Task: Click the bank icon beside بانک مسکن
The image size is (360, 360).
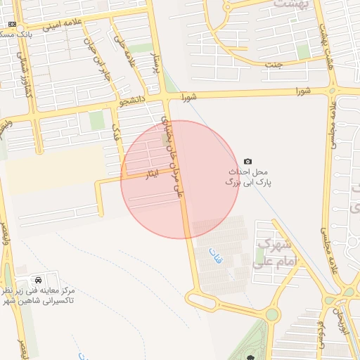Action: tap(11, 24)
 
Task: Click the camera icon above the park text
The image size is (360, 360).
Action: tap(247, 161)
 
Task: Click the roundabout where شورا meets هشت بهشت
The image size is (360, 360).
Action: tap(333, 90)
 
